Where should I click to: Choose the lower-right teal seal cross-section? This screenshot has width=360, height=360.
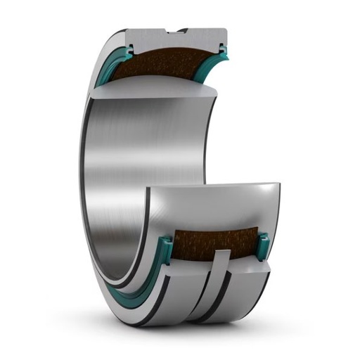coord(262,245)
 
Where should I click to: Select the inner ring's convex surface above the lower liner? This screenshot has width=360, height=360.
coord(218,211)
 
